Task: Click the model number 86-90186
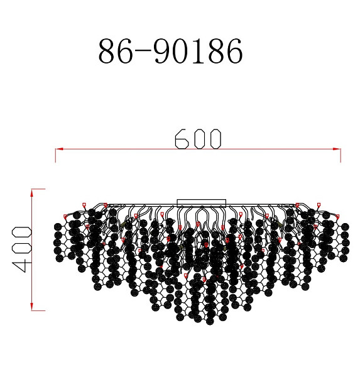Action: point(170,51)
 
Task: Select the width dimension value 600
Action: point(198,139)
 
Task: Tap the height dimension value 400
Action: point(21,249)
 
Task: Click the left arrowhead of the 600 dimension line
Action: point(59,149)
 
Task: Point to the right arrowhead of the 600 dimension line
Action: point(337,149)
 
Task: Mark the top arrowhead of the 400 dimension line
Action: point(32,193)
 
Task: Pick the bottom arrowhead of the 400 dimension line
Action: point(32,307)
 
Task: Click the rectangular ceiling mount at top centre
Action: point(201,203)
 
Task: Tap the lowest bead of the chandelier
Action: point(210,321)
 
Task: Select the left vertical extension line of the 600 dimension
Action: point(55,155)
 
